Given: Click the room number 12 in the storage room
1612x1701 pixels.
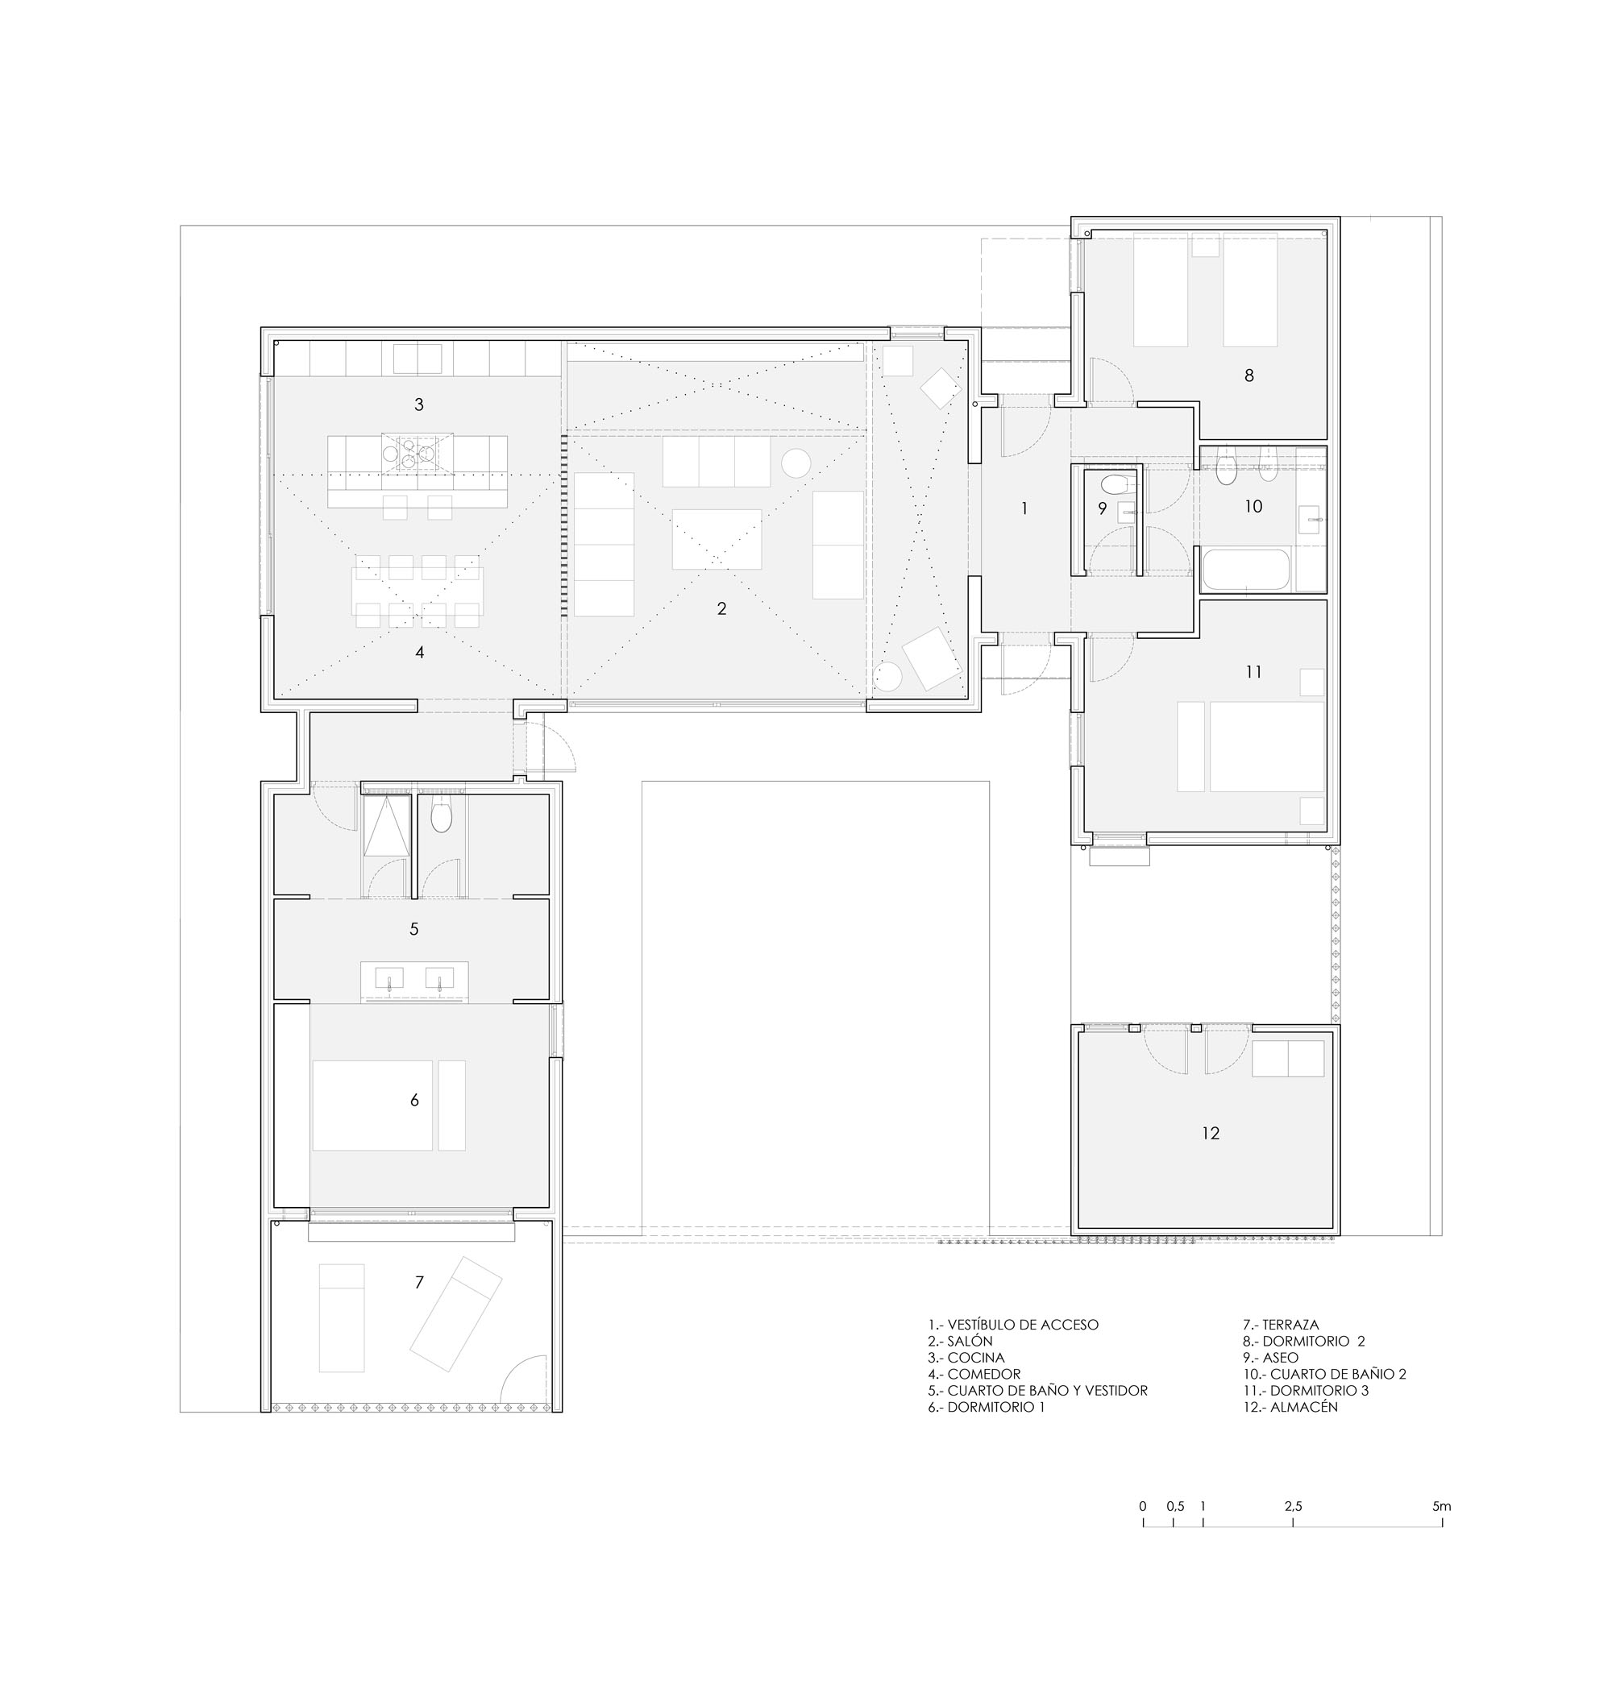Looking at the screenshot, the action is pos(1210,1134).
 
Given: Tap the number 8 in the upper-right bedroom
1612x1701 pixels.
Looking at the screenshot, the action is pos(1249,375).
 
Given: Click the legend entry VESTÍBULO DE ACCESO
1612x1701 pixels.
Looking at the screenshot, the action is pos(1013,1325).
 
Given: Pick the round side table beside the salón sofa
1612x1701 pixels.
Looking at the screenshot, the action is pos(796,463).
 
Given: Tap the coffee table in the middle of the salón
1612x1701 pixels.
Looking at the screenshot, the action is pos(717,540).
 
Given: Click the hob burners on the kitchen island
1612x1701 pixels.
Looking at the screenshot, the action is pos(418,454).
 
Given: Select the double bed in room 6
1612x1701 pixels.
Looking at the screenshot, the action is pos(373,1105).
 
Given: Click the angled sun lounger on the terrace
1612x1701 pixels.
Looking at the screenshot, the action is pos(455,1314).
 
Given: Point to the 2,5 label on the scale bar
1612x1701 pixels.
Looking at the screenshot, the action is pos(1293,1506).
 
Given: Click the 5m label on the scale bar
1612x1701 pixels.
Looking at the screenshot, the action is pos(1442,1506).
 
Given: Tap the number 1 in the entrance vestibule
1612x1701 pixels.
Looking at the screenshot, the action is pos(1024,508).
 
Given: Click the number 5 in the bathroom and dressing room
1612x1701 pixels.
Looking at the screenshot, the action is pos(414,929).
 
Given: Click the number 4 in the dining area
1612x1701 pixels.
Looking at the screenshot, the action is pos(419,653).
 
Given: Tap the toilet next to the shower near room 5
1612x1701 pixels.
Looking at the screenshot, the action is pos(441,815).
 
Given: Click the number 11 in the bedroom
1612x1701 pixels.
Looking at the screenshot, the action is pos(1253,672).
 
